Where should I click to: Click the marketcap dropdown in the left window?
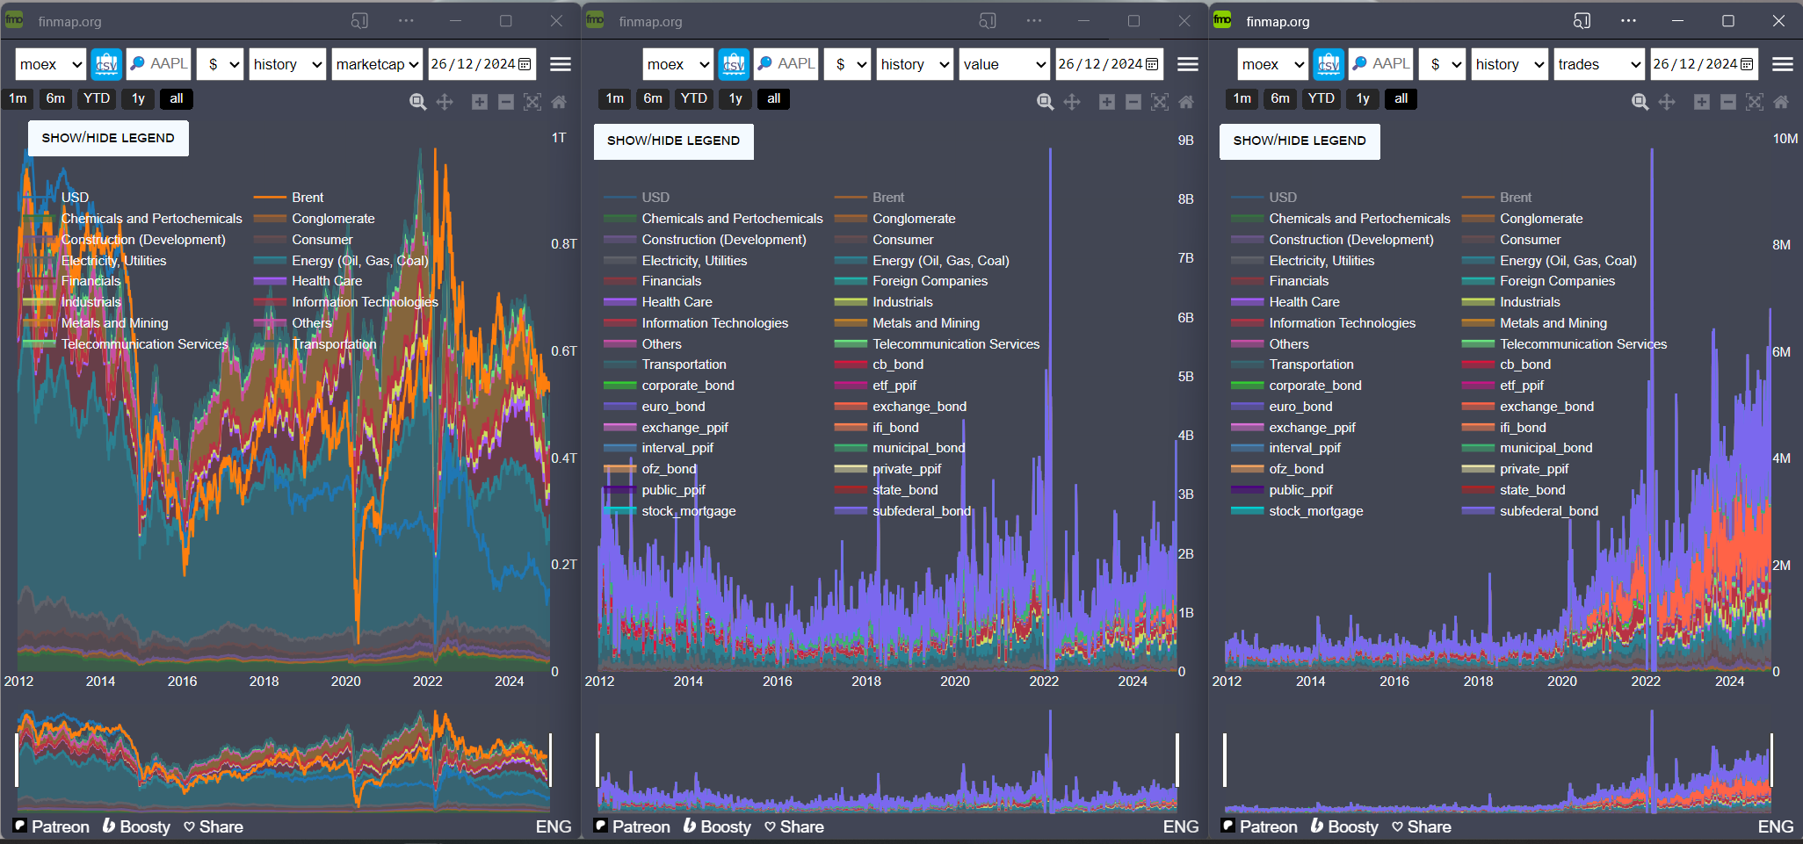(377, 64)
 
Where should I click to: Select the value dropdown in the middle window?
(1003, 64)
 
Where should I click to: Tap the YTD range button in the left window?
(96, 98)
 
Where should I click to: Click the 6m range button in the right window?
(1280, 98)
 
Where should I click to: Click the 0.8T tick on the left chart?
(563, 243)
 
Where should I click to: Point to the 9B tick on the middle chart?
(1185, 141)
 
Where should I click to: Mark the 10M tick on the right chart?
(1785, 139)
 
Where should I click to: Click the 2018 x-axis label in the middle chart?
(865, 681)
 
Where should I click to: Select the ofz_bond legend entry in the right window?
(1296, 469)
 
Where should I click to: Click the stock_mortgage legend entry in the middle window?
(688, 511)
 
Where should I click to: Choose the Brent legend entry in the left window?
(308, 198)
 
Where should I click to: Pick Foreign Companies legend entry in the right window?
(1557, 281)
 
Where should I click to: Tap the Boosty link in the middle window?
(718, 826)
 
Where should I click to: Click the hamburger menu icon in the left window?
(560, 64)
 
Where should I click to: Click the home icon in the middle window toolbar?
(1186, 102)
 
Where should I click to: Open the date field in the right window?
(1703, 64)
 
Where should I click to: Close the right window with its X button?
(1778, 21)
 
